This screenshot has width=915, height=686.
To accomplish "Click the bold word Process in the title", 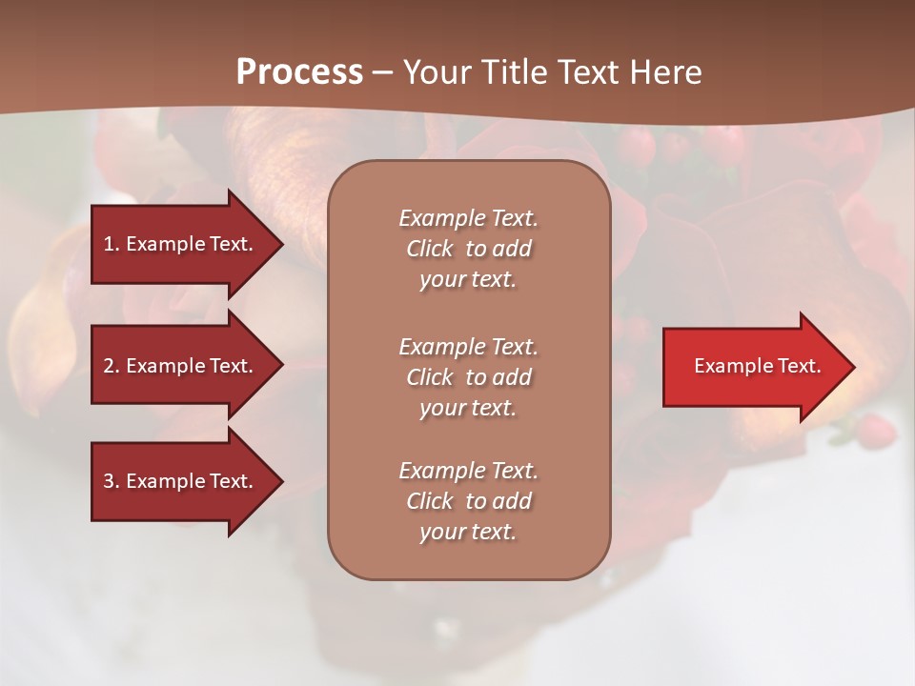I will point(299,72).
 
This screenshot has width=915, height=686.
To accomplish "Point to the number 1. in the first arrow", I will point(112,244).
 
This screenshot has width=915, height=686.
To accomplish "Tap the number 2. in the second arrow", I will point(112,366).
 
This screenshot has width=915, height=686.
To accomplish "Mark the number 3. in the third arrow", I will point(112,481).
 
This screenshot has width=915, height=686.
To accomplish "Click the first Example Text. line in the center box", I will point(468,218).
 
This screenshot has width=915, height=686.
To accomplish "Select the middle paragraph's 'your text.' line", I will point(468,408).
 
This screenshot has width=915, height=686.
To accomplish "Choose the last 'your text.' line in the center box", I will point(468,532).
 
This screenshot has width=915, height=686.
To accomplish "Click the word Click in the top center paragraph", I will point(430,249).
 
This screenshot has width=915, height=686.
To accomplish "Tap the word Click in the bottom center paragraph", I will point(430,501).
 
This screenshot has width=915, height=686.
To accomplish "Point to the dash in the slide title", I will point(382,72).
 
